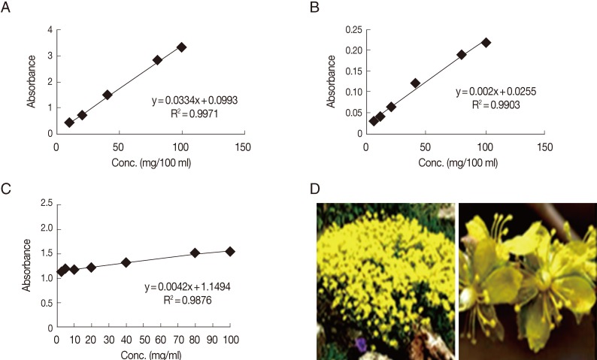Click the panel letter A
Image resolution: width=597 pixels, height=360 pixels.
click(x=8, y=8)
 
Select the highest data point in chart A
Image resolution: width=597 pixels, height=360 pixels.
click(x=181, y=47)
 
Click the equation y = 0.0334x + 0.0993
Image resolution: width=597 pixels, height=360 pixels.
click(x=194, y=99)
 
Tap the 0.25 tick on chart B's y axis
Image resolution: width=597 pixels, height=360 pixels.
click(x=352, y=30)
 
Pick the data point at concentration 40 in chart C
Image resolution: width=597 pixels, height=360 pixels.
click(x=126, y=262)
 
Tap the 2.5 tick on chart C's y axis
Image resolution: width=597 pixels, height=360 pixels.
click(x=47, y=203)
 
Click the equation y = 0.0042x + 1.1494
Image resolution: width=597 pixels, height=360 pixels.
click(x=189, y=287)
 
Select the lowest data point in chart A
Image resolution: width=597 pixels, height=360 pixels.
click(x=69, y=123)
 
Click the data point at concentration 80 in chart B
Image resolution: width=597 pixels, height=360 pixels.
click(x=462, y=55)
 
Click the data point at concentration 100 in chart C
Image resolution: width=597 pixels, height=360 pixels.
click(x=230, y=251)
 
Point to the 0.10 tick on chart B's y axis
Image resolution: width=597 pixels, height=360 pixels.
click(x=352, y=92)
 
